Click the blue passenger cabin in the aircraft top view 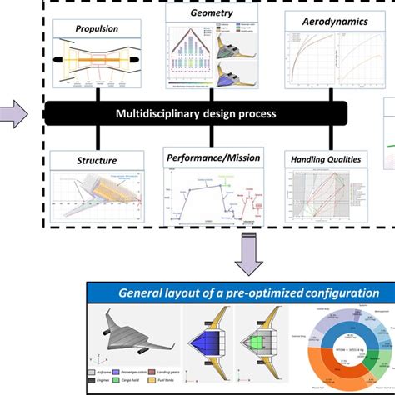click(205, 337)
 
